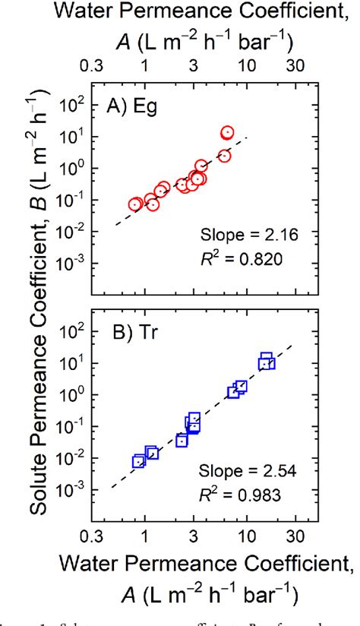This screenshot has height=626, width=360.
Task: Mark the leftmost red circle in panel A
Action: (x=135, y=204)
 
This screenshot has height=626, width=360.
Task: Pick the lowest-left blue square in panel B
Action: (x=138, y=461)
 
